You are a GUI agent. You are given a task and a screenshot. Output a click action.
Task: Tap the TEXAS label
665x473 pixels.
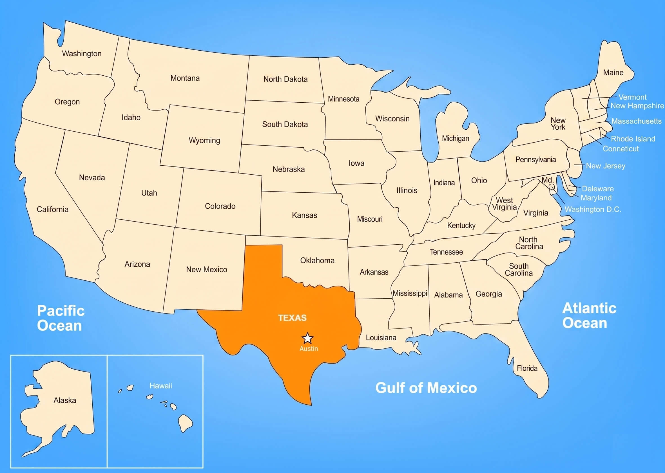pyautogui.click(x=292, y=318)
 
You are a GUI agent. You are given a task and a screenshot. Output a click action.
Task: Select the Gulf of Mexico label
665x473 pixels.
pyautogui.click(x=426, y=388)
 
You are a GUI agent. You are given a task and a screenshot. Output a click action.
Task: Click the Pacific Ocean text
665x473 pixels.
pyautogui.click(x=61, y=318)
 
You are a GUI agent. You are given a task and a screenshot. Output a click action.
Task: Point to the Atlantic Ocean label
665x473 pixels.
pyautogui.click(x=589, y=316)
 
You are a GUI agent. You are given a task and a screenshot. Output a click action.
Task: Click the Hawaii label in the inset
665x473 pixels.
pyautogui.click(x=161, y=386)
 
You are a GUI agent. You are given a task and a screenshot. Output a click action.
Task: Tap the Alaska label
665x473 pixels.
pyautogui.click(x=65, y=400)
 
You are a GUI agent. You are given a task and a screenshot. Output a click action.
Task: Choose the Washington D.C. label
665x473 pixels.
pyautogui.click(x=593, y=209)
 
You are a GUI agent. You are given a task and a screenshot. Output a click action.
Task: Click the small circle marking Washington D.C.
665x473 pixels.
pyautogui.click(x=552, y=187)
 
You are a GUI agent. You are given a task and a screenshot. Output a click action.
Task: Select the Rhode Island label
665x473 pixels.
pyautogui.click(x=633, y=139)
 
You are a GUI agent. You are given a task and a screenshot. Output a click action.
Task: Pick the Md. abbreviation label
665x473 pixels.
pyautogui.click(x=548, y=180)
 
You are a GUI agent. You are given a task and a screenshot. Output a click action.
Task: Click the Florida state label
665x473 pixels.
pyautogui.click(x=527, y=368)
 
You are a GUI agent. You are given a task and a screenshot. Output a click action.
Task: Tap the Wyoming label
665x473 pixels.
pyautogui.click(x=204, y=140)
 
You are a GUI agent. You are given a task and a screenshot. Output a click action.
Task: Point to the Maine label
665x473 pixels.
pyautogui.click(x=613, y=73)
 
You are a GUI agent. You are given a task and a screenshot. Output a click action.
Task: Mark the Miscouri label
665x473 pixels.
pyautogui.click(x=370, y=219)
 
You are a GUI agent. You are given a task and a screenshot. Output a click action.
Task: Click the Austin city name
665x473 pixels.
pyautogui.click(x=309, y=349)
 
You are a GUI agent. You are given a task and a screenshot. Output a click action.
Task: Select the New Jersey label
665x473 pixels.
pyautogui.click(x=606, y=166)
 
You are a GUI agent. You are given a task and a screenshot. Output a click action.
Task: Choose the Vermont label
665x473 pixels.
pyautogui.click(x=632, y=97)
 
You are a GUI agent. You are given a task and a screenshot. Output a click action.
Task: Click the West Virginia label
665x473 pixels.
pyautogui.click(x=504, y=204)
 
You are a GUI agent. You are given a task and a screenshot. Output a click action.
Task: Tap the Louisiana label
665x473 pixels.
pyautogui.click(x=381, y=337)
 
